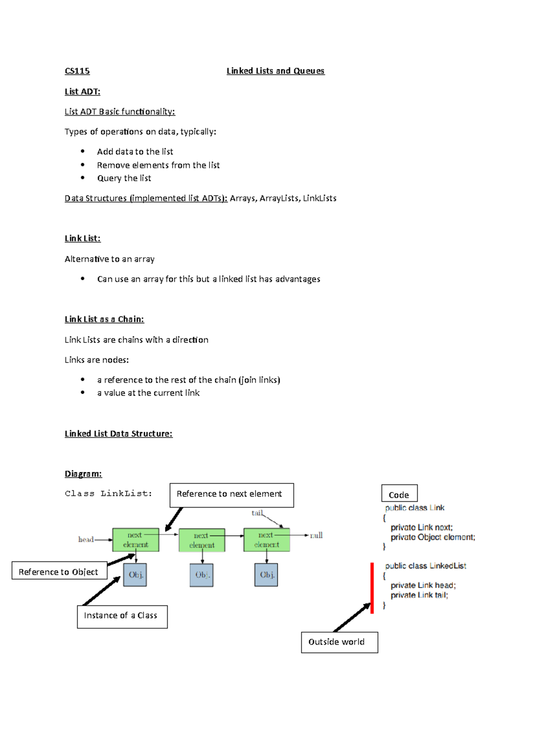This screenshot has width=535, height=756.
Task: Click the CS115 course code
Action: pos(77,71)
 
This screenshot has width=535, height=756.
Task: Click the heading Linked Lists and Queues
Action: pos(276,71)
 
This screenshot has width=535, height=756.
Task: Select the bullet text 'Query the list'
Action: pos(124,179)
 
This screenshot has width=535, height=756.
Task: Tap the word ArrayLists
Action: pos(279,199)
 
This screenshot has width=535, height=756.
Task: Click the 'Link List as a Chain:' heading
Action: pos(104,319)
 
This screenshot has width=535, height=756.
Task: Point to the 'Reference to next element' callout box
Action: pos(231,495)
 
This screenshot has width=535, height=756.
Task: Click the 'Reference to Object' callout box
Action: pos(59,571)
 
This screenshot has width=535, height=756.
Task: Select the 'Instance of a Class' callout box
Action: pos(122,617)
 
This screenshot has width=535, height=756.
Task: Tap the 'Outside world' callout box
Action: pos(339,642)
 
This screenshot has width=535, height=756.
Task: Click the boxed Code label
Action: pos(399,494)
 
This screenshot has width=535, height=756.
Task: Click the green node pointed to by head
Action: pos(136,540)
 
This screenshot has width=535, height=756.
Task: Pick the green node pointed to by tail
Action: pos(267,540)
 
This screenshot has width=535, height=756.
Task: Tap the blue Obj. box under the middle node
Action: pos(202,575)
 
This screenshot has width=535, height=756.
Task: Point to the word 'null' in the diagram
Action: pos(316,535)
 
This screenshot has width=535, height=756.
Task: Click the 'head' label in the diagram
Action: pos(86,540)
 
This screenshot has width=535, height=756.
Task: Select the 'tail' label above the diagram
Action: pos(257,513)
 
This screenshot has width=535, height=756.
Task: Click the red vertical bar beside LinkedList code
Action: pos(372,588)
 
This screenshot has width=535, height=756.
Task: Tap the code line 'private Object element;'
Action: pos(432,537)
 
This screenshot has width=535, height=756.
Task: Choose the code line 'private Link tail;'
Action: pos(419,595)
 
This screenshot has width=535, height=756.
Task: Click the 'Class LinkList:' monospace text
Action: pos(108,493)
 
